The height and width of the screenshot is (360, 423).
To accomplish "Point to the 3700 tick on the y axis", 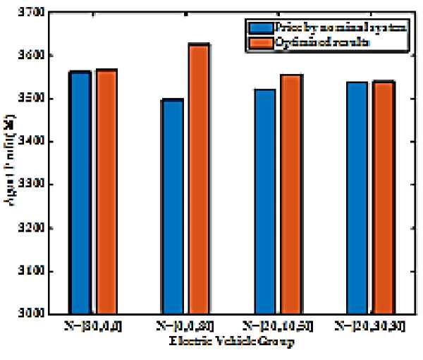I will (x=31, y=13).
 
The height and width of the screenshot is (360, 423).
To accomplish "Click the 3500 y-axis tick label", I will (x=31, y=99).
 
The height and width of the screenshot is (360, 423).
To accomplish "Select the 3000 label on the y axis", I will (x=31, y=314).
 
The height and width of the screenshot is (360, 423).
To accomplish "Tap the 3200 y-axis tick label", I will (x=31, y=228).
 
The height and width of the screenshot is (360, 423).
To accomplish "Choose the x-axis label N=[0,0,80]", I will (x=183, y=328).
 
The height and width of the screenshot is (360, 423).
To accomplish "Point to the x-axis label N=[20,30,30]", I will (x=369, y=328).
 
